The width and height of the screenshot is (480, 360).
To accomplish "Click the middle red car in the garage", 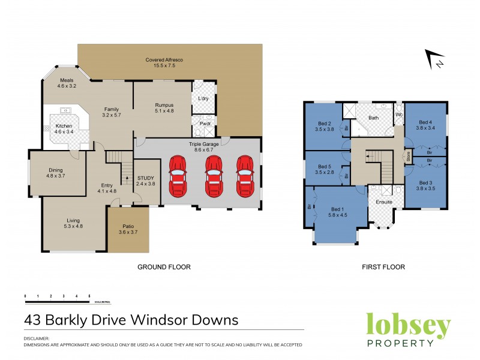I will (214, 176).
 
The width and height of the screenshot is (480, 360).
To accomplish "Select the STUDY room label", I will (146, 178).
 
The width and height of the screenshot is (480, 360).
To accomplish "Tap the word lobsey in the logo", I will (408, 326).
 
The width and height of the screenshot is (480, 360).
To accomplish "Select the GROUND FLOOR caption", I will (164, 267).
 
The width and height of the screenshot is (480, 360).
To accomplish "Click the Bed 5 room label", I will (325, 166).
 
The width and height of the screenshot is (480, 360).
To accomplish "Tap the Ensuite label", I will (384, 202).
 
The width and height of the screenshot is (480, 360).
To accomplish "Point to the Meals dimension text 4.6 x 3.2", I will (68, 86).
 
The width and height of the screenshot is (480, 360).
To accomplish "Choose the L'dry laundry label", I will (203, 98).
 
